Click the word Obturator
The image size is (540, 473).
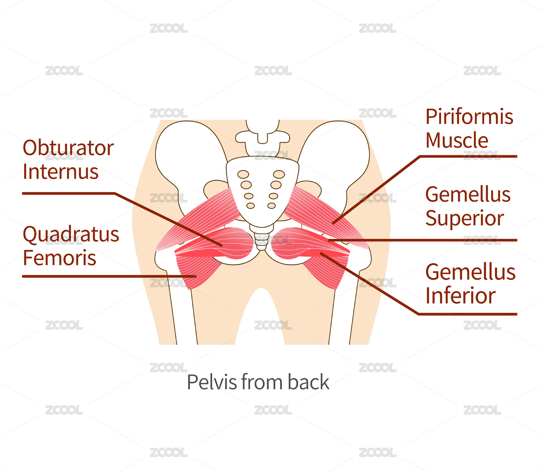click(x=68, y=148)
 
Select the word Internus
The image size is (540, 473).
click(x=60, y=172)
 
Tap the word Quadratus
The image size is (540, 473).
click(x=71, y=235)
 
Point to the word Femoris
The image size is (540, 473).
click(x=59, y=258)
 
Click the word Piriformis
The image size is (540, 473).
click(x=469, y=117)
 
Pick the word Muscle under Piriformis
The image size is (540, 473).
click(x=457, y=140)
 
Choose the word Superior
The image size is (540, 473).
click(x=464, y=218)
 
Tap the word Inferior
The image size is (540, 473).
click(x=460, y=296)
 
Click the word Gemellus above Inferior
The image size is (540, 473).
click(x=470, y=272)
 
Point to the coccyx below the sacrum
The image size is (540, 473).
click(x=262, y=240)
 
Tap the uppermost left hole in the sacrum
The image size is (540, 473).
click(x=243, y=174)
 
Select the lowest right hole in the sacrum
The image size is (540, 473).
click(x=272, y=206)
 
